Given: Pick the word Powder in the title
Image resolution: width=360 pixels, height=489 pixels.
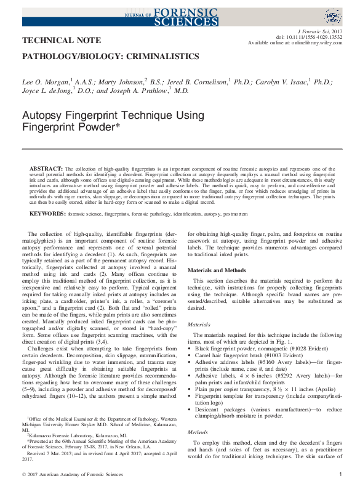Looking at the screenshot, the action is pos(100,127).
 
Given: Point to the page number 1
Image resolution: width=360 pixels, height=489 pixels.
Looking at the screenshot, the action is pos(340,474).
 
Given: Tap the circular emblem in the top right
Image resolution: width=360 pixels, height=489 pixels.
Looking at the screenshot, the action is pos(333,17).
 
